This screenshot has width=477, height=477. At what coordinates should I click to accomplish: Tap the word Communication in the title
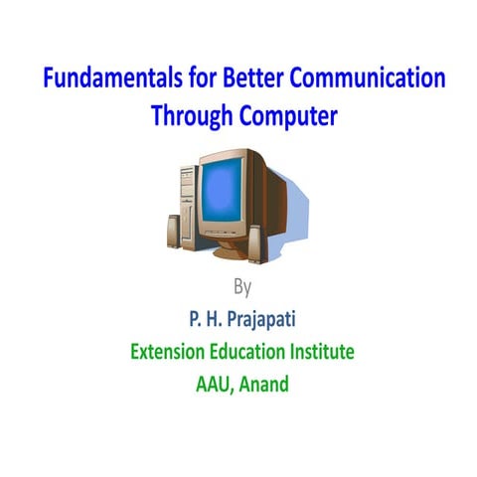point(371,80)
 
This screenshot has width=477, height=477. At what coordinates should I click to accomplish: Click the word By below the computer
point(242,288)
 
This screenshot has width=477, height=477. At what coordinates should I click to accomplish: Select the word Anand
point(265,383)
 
